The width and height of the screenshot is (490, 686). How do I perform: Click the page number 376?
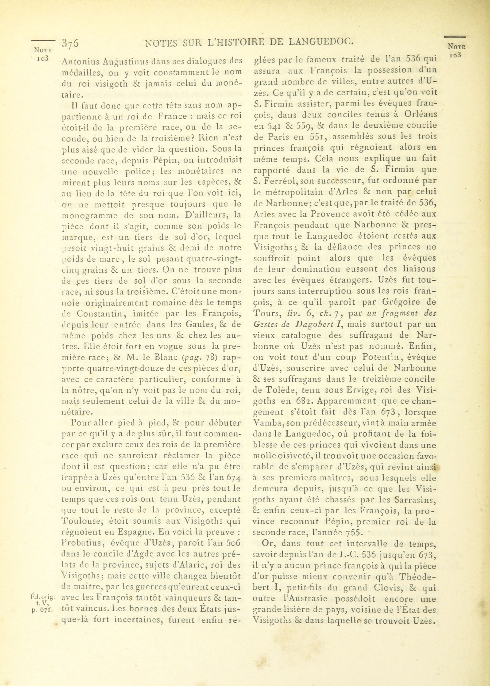click(x=70, y=43)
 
